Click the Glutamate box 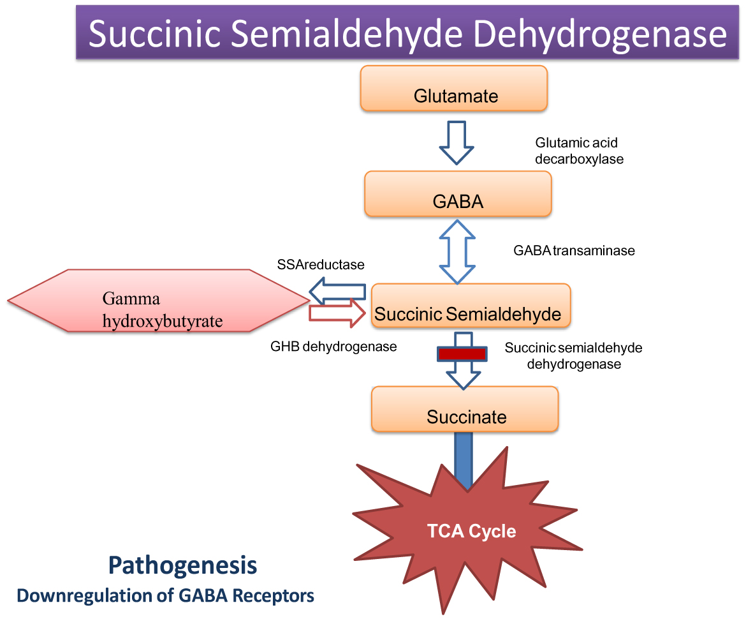pos(454,88)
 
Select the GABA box pos(458,194)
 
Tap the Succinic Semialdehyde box pos(471,306)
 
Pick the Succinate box pos(465,408)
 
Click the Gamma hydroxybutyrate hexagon pos(159,301)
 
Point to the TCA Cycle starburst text pos(471,531)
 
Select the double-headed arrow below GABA pos(457,251)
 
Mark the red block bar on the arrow pos(462,354)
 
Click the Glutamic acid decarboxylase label pos(578,151)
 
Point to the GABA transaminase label pos(574,251)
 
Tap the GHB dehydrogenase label pos(333,347)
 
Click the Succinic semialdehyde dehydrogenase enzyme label pos(573,356)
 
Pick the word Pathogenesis pos(183,565)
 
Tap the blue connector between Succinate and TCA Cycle pos(464,459)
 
